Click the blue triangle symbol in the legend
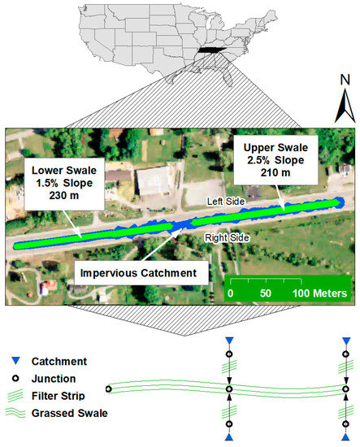click(15, 359)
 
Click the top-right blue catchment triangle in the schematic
click(348, 339)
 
